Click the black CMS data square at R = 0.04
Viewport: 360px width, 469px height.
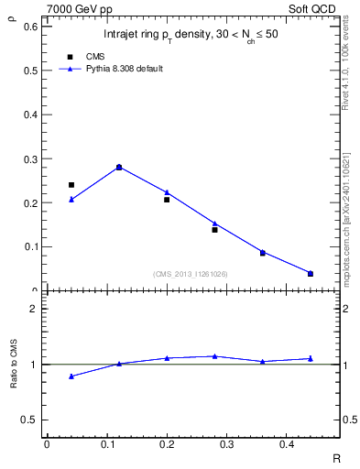(x=71, y=185)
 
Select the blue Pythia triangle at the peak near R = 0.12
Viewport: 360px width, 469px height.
(x=119, y=166)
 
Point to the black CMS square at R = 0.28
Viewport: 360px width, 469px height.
(x=214, y=230)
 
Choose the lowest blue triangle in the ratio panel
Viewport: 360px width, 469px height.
(x=71, y=376)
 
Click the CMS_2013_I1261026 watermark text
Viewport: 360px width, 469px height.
(x=191, y=274)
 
